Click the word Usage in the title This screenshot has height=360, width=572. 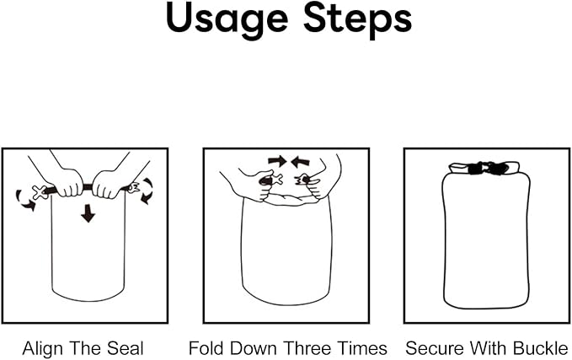click(x=227, y=19)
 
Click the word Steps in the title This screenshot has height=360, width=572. click(x=357, y=19)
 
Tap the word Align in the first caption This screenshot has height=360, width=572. click(x=44, y=349)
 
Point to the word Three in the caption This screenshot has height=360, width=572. click(x=307, y=348)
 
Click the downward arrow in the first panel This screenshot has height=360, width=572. click(x=88, y=213)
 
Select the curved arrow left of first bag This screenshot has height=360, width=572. click(x=24, y=201)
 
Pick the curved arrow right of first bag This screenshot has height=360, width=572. click(x=147, y=191)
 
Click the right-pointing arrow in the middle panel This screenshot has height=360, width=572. click(x=277, y=161)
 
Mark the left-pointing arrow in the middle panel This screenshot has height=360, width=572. click(x=300, y=161)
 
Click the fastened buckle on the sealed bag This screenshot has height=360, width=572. click(x=487, y=169)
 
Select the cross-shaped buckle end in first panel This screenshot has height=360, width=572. click(x=40, y=192)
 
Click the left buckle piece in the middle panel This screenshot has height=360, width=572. click(x=272, y=180)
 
